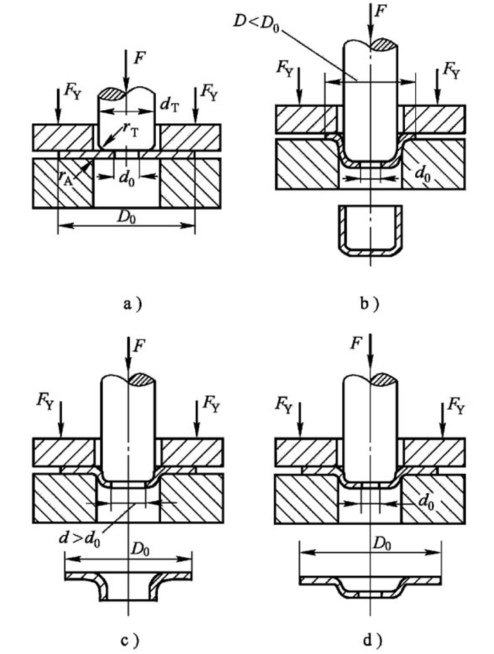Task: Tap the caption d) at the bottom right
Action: click(x=370, y=639)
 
